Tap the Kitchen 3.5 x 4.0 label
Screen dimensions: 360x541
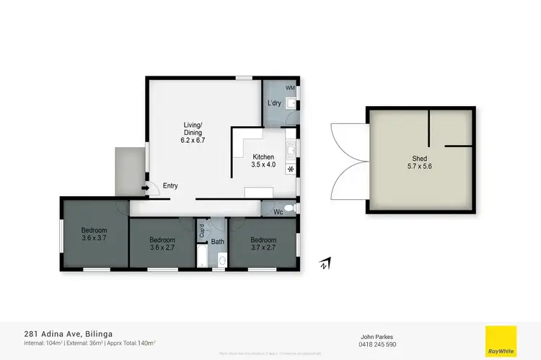click(263, 161)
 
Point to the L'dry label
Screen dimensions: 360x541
click(274, 103)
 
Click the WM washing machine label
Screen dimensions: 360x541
click(289, 88)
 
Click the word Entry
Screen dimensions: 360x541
click(170, 186)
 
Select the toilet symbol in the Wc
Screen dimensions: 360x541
click(289, 208)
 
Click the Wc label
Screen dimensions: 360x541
click(278, 212)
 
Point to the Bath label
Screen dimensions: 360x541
click(217, 242)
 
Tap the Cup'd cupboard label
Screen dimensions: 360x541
click(201, 230)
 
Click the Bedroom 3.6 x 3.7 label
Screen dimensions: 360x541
click(94, 234)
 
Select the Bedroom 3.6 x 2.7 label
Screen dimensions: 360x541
click(162, 244)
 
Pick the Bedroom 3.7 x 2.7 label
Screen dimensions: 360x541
click(263, 244)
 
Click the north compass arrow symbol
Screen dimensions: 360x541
click(325, 264)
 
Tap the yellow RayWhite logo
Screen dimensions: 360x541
click(501, 341)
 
